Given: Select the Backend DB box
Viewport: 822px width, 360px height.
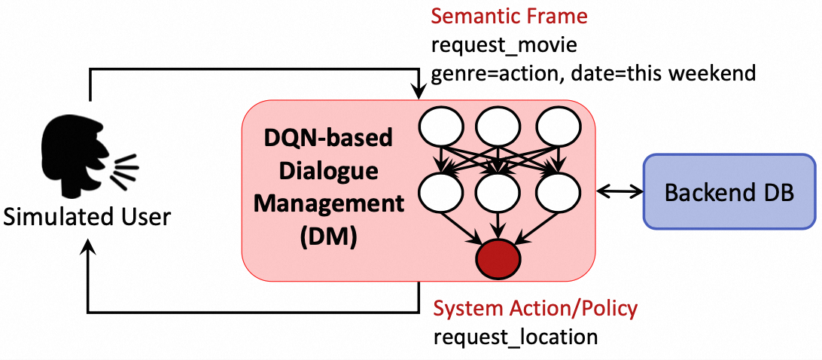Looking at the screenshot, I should tap(729, 191).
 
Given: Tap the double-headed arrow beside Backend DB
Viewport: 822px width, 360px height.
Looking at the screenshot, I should tap(618, 192).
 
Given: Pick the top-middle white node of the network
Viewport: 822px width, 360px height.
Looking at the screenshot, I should tap(498, 127).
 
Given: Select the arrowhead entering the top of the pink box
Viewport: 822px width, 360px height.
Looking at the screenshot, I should tap(418, 93).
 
